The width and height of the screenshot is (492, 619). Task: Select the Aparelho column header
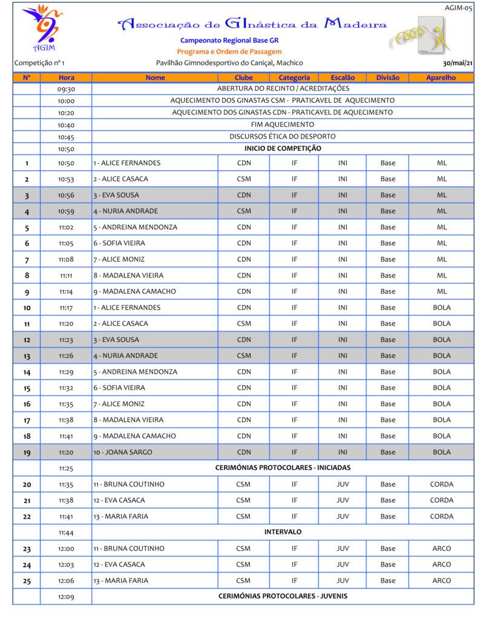441,77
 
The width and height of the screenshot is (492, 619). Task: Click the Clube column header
243,77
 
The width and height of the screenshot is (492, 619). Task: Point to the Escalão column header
343,77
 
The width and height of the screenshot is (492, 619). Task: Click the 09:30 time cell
66,89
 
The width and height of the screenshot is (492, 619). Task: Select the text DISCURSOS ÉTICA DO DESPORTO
282,137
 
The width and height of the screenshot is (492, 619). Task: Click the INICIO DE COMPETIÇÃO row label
283,149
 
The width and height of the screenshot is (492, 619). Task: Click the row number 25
27,581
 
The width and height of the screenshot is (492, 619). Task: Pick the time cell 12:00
66,549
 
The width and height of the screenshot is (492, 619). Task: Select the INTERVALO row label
283,532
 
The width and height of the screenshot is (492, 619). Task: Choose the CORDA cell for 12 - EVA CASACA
441,501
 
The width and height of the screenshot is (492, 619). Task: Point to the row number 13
27,356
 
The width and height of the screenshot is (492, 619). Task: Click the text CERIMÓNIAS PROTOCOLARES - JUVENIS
283,597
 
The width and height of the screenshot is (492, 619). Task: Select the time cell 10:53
66,179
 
